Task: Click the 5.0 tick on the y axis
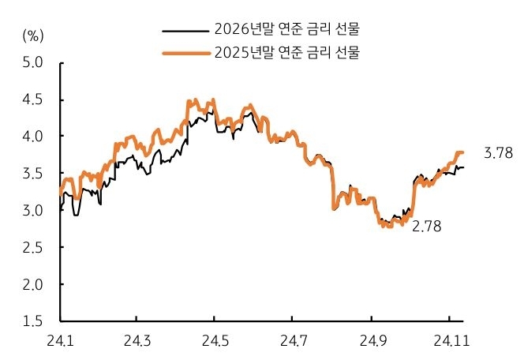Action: pos(34,62)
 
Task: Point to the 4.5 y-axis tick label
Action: pos(34,99)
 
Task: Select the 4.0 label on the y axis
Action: pos(34,136)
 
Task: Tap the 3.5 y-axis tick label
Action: pos(34,173)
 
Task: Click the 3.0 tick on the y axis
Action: pos(34,210)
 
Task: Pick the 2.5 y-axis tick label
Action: pos(34,247)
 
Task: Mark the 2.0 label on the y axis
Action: pos(34,284)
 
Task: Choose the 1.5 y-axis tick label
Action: pos(34,321)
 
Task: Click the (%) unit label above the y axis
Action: pos(34,35)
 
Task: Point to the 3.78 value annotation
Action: pos(499,154)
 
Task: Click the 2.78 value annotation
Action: pos(426,227)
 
